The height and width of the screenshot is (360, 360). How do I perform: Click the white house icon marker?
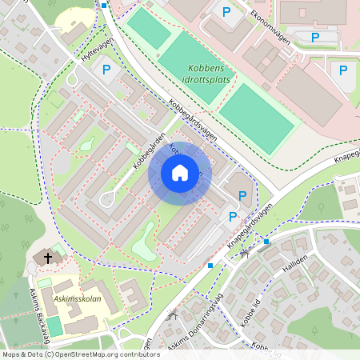pyautogui.click(x=180, y=173)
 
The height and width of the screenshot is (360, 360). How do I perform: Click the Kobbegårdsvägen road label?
pyautogui.click(x=192, y=120)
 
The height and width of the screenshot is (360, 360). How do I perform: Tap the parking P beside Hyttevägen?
pyautogui.click(x=106, y=70)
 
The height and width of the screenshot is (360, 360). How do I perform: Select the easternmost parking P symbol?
pyautogui.click(x=343, y=70)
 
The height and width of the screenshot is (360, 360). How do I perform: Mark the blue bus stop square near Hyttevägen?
pyautogui.click(x=104, y=6)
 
